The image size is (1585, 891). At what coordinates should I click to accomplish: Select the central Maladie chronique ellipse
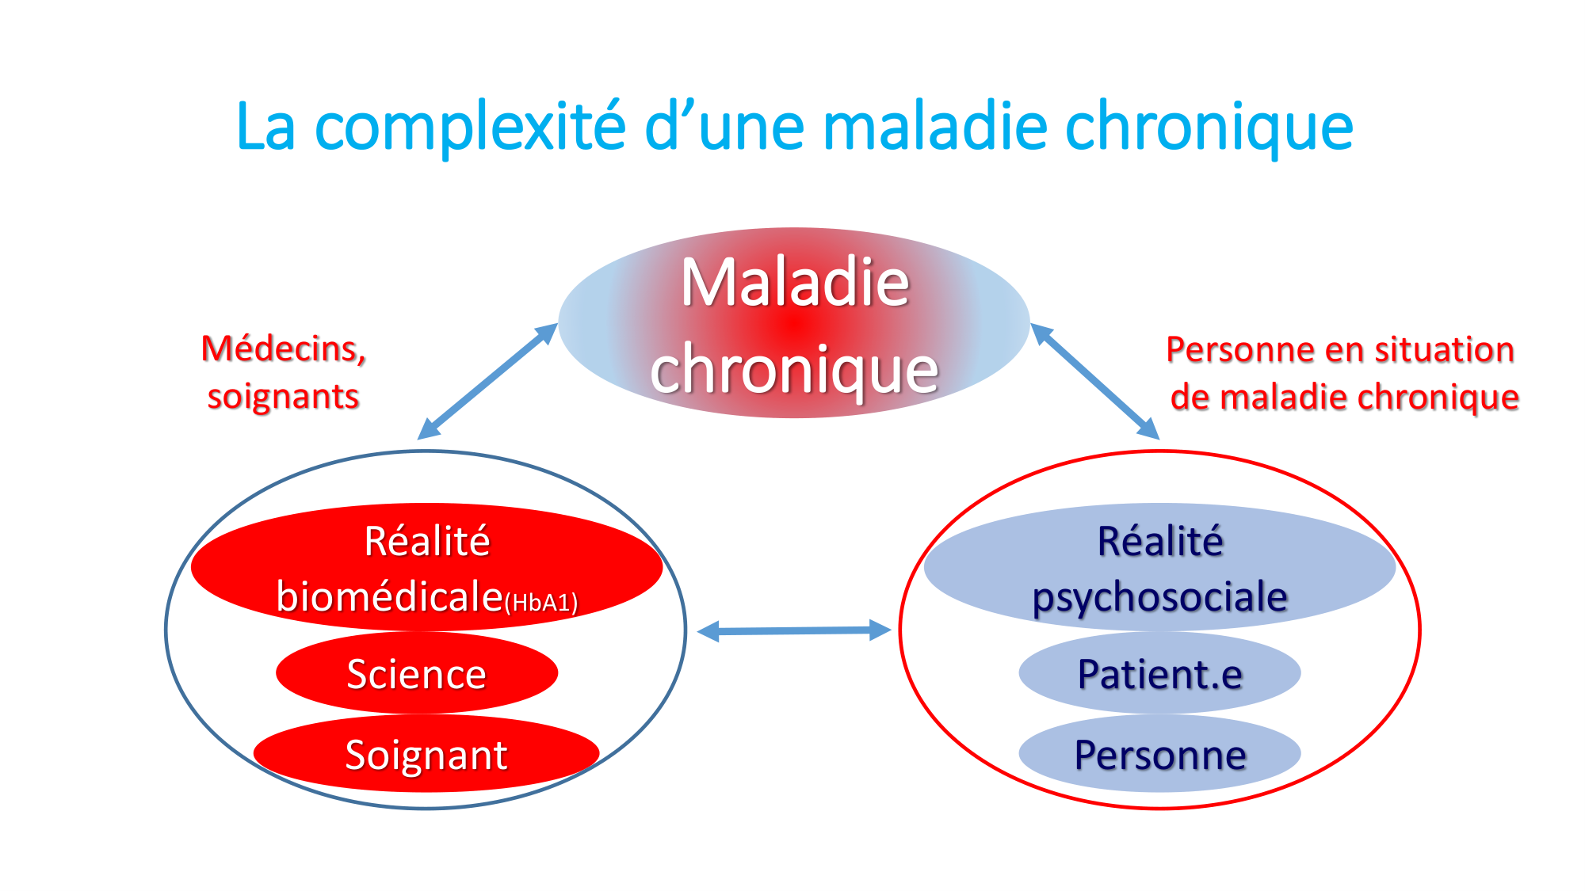[x=794, y=322]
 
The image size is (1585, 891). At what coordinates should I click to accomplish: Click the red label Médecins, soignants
[x=284, y=372]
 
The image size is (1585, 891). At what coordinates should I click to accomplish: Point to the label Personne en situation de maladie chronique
[x=1342, y=373]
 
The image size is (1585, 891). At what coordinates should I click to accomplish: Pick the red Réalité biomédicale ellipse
[x=426, y=567]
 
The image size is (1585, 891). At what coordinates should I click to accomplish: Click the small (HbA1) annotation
[x=541, y=604]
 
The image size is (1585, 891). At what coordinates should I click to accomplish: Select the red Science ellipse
[x=417, y=672]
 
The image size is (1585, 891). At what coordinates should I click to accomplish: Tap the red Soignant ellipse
[x=426, y=753]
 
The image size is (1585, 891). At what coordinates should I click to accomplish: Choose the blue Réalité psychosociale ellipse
[x=1159, y=567]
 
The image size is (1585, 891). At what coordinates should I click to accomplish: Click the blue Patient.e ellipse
[x=1159, y=672]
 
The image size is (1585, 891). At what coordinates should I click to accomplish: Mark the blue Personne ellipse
[x=1159, y=753]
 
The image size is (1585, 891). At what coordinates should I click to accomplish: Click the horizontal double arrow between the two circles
[x=794, y=630]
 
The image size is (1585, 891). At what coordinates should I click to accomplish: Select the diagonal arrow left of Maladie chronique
[x=487, y=381]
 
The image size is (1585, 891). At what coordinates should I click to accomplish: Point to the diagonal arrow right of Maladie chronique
[x=1095, y=381]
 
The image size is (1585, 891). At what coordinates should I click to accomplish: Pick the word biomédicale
[x=390, y=596]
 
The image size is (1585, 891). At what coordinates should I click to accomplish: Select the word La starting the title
[x=266, y=127]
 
